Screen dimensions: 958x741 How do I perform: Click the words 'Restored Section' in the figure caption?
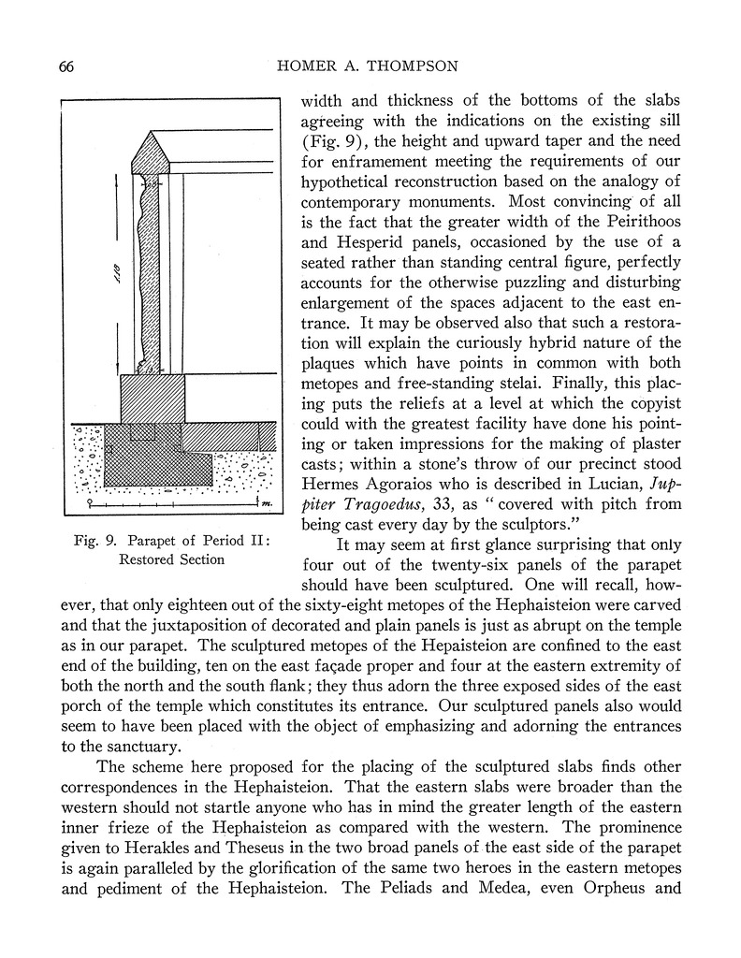(171, 559)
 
